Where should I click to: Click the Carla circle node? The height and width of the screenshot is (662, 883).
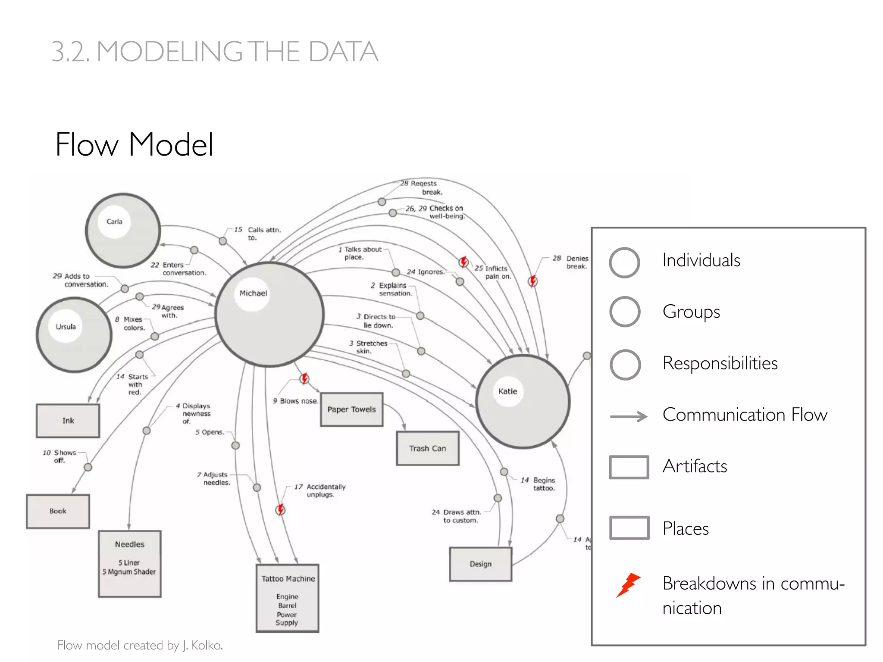(x=123, y=231)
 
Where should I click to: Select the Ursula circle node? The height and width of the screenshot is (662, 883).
(x=74, y=334)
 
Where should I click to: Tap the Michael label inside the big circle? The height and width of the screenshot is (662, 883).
(x=253, y=294)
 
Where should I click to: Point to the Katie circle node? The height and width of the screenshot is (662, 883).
(x=523, y=401)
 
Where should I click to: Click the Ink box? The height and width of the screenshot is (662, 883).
(x=68, y=421)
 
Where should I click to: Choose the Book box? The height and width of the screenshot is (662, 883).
(x=58, y=511)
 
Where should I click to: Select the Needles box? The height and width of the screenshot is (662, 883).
(x=129, y=563)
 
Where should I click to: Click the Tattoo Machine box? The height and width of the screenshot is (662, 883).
(x=288, y=598)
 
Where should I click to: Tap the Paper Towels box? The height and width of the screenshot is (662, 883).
(x=351, y=409)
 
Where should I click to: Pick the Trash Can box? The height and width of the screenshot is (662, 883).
(x=427, y=448)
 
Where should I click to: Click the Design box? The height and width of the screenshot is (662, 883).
(x=480, y=564)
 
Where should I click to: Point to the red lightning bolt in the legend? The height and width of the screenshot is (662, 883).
(x=628, y=584)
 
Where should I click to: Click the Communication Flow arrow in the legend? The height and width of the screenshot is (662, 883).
(x=629, y=416)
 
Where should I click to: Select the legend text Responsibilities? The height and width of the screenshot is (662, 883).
(x=720, y=363)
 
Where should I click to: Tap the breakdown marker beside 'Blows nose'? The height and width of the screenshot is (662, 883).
(x=304, y=378)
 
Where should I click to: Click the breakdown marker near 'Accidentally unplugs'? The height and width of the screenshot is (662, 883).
(x=281, y=510)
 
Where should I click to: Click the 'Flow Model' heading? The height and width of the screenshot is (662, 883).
(x=134, y=144)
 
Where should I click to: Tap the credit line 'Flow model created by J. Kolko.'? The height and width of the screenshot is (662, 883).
(x=140, y=645)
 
